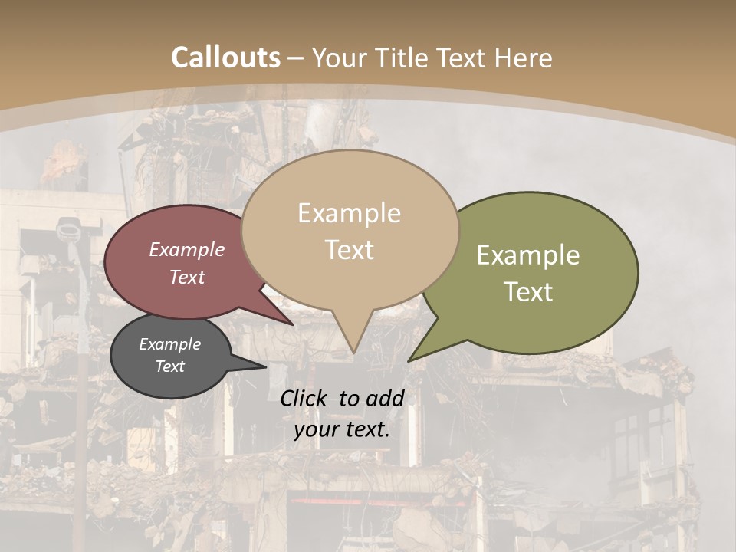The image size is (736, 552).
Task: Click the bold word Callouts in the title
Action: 225,58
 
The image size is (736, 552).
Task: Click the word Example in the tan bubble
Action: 349,213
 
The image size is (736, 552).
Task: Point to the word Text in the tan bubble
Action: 349,250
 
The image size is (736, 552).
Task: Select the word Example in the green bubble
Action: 527,255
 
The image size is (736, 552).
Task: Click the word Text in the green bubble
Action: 527,292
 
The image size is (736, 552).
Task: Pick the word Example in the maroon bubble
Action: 186,249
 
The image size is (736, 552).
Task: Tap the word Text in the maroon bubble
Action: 186,277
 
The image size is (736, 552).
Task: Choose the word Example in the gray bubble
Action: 169,344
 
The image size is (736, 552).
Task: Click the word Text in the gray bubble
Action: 169,366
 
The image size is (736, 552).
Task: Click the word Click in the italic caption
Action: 305,398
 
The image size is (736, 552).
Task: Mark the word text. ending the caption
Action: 367,429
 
